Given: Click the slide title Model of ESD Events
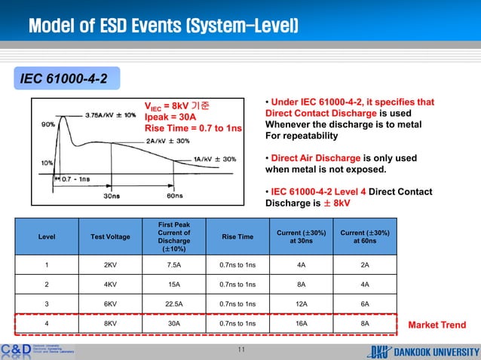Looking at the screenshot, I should click(164, 28).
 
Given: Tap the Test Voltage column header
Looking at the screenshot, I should click(110, 236).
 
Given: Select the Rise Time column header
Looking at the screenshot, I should click(237, 236).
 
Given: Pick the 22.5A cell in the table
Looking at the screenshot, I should click(174, 304).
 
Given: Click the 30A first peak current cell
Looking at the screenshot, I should click(174, 325).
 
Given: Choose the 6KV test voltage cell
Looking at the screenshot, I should click(110, 304).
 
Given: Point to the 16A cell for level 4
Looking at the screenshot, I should click(301, 325).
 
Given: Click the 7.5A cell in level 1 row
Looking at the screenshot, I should click(174, 264).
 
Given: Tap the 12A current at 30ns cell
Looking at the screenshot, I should click(301, 304).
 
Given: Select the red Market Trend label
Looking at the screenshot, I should click(437, 325).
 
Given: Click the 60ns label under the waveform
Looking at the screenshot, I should click(175, 196).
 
